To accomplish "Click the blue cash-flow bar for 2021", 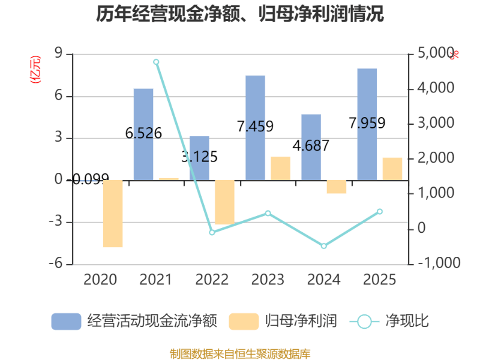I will (x=143, y=134).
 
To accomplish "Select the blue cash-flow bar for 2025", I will (x=367, y=124).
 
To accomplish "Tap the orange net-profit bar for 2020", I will (x=113, y=214).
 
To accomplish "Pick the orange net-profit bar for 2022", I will (x=225, y=202).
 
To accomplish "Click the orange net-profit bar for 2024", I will (x=337, y=187).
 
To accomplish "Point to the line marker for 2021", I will (x=156, y=62).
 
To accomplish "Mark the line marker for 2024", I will (x=324, y=246).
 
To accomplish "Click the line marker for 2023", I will (x=268, y=213).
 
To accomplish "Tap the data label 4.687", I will (x=311, y=146).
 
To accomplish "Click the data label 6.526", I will (x=143, y=133).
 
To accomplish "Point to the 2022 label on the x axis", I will (x=212, y=280).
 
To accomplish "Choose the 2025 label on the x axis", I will (x=380, y=280).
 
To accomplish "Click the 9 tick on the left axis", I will (x=58, y=54).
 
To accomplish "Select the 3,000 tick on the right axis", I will (x=433, y=124).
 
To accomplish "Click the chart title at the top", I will (x=240, y=14).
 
